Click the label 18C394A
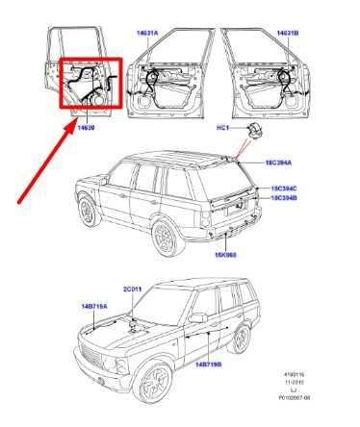tap(282, 164)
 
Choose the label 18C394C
tap(283, 188)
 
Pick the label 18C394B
tap(283, 198)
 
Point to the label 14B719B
tap(209, 365)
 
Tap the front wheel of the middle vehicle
tap(90, 211)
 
